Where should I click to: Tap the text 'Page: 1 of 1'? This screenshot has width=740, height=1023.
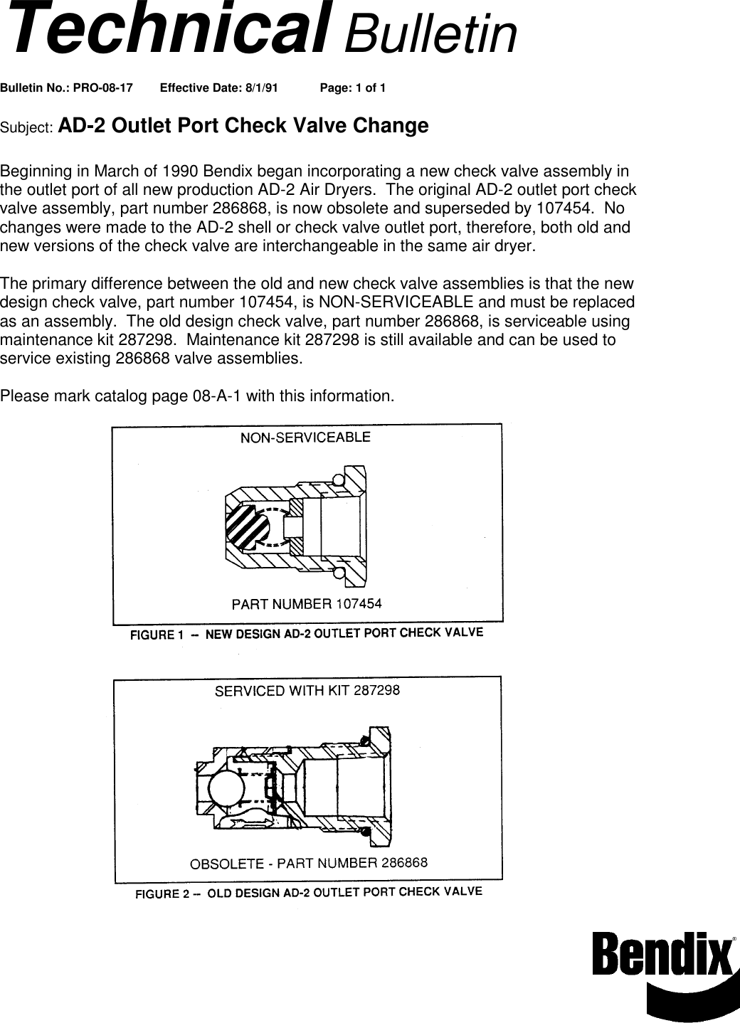(x=353, y=88)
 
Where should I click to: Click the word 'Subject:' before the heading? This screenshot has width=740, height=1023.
(x=26, y=128)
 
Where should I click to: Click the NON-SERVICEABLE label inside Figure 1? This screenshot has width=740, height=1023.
(x=305, y=438)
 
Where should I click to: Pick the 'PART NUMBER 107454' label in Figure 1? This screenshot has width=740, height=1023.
(x=307, y=605)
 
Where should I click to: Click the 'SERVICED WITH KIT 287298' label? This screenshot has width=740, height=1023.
(x=307, y=691)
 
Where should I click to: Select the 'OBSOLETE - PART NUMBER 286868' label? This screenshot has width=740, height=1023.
(x=308, y=864)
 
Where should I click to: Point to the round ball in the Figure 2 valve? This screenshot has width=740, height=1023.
(x=225, y=789)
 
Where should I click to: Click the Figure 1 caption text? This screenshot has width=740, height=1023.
(x=306, y=633)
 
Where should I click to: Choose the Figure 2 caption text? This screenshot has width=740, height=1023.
(x=309, y=893)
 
